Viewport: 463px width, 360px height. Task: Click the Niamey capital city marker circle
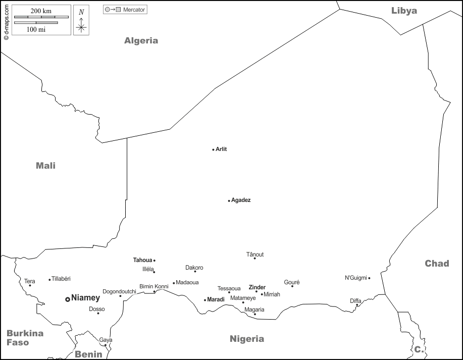coord(68,299)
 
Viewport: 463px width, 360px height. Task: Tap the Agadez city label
coord(241,200)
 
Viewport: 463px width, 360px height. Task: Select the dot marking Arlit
coord(213,149)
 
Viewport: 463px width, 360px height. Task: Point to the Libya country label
coord(404,11)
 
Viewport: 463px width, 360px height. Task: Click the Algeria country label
coord(141,41)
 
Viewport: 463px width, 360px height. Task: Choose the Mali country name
coord(45,166)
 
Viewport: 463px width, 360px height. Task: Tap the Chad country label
coord(437,263)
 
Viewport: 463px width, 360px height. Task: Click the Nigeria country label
coord(247,339)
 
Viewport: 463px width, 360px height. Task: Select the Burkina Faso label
coord(25,338)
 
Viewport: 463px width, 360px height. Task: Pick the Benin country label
coord(88,354)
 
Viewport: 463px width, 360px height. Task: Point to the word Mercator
coord(134,10)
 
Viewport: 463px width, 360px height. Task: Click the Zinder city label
coord(257,287)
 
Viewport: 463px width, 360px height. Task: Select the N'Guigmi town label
coord(355,278)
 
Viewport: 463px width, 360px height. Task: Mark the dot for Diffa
coord(357,305)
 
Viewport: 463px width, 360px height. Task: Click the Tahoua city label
coord(142,260)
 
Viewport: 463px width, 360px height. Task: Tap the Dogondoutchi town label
coord(119,291)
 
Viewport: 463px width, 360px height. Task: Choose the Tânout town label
coord(255,254)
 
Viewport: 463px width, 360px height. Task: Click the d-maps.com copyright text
coord(6,21)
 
